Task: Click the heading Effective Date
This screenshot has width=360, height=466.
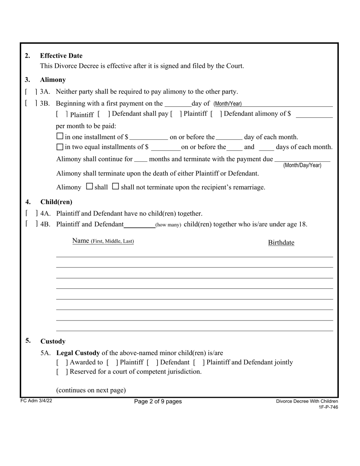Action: click(x=61, y=56)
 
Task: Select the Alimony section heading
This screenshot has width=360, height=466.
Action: click(x=53, y=80)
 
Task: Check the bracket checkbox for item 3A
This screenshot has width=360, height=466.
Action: click(x=31, y=92)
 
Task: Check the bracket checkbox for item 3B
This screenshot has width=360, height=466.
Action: click(x=31, y=103)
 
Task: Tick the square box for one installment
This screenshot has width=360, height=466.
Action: click(x=59, y=136)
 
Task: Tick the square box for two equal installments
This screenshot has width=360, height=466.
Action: click(x=59, y=147)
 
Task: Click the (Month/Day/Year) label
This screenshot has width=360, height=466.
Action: click(x=302, y=165)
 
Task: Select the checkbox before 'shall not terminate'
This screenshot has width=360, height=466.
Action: click(x=116, y=186)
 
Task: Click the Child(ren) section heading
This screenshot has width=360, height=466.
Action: click(x=56, y=202)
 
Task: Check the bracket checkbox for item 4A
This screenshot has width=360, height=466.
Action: click(x=31, y=213)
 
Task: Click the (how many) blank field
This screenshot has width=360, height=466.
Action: click(x=139, y=224)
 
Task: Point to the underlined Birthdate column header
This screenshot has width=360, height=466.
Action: click(x=281, y=242)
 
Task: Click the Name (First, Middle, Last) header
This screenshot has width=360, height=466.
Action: click(x=103, y=241)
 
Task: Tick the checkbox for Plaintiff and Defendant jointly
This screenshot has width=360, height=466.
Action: click(x=199, y=362)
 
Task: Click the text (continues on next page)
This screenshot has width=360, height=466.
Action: click(x=91, y=390)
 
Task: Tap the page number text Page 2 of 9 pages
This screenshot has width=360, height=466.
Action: click(x=158, y=402)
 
